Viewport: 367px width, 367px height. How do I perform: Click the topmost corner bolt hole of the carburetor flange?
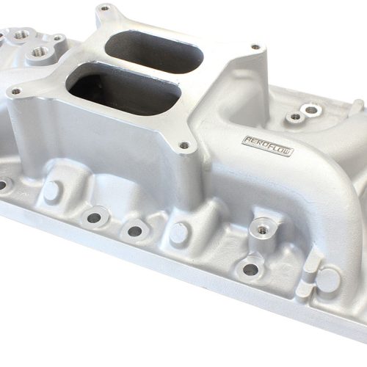[103, 9]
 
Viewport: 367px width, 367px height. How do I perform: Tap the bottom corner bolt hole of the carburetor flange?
[183, 145]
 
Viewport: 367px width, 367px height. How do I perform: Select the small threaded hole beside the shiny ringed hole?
[295, 117]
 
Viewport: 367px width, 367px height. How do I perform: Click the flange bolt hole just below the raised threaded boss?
[250, 269]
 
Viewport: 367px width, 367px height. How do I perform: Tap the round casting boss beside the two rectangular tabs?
[328, 280]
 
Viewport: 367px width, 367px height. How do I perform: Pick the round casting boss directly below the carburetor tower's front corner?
[180, 233]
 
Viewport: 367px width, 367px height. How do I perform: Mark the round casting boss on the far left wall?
[51, 192]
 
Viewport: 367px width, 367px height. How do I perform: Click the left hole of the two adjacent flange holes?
[95, 217]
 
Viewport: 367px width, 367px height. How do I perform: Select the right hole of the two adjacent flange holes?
[135, 230]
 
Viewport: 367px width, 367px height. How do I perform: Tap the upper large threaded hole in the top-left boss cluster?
[21, 34]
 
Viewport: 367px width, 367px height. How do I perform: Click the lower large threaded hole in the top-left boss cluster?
[40, 52]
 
